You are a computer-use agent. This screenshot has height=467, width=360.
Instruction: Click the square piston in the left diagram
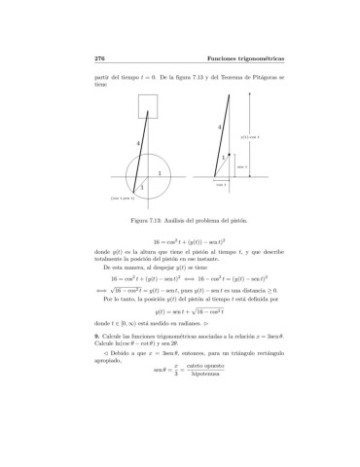coord(149,104)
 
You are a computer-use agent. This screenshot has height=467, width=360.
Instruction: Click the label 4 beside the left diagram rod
coord(139,143)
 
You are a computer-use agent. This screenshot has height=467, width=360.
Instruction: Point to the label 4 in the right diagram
coord(219,127)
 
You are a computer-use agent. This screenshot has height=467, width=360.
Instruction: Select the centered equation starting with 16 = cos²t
coord(181,240)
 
